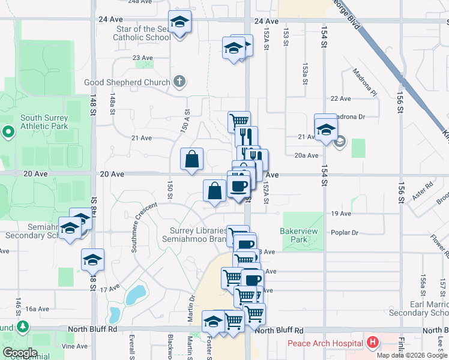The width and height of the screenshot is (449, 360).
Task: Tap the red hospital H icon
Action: (373, 343)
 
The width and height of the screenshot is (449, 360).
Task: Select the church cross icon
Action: (179, 82)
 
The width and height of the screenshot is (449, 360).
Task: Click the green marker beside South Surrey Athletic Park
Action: (8, 131)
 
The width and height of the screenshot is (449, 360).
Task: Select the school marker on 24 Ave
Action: (179, 23)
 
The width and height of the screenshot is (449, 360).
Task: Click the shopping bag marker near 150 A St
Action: (191, 160)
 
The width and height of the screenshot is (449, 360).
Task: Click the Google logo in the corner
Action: (20, 352)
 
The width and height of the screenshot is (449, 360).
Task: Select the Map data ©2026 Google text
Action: (412, 355)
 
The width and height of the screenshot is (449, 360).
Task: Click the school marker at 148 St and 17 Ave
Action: (92, 260)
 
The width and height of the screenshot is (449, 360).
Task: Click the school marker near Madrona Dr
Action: (325, 128)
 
